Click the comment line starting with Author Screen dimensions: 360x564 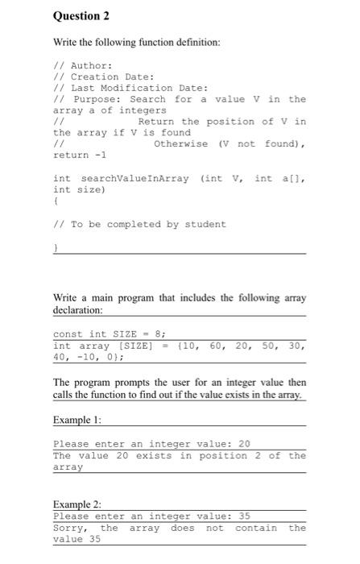(x=81, y=65)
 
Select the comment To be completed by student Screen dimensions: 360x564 (x=139, y=224)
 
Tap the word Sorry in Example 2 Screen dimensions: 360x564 (x=72, y=528)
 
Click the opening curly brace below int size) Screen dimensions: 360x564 (x=55, y=201)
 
